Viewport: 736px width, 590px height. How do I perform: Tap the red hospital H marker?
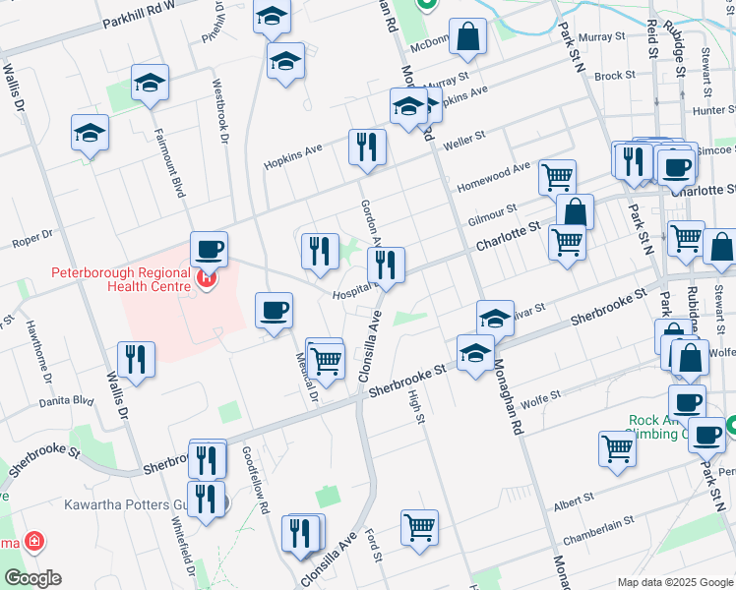(207, 279)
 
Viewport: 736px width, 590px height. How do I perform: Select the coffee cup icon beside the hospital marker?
(208, 250)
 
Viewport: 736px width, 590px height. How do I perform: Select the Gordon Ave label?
(370, 218)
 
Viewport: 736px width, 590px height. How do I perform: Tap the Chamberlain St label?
(598, 533)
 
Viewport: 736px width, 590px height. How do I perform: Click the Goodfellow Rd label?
(255, 479)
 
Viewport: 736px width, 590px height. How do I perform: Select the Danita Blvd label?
(66, 400)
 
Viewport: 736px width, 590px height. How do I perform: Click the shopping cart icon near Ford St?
(419, 527)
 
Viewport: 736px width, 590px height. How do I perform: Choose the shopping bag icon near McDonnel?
(469, 36)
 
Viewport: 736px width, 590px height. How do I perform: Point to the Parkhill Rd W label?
(137, 13)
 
